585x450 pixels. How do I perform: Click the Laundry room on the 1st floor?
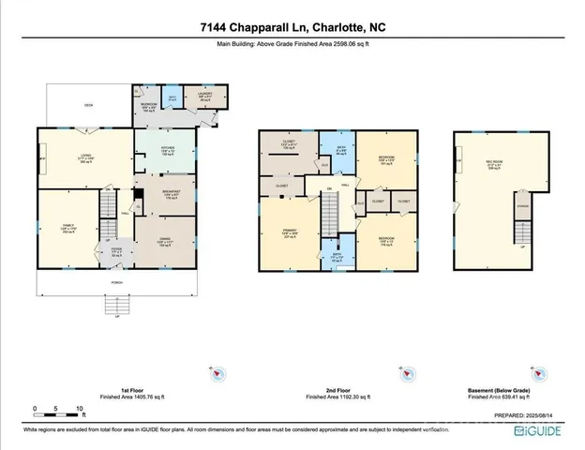[207, 98]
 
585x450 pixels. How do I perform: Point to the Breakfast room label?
[165, 195]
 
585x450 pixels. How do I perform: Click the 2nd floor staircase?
[330, 219]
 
